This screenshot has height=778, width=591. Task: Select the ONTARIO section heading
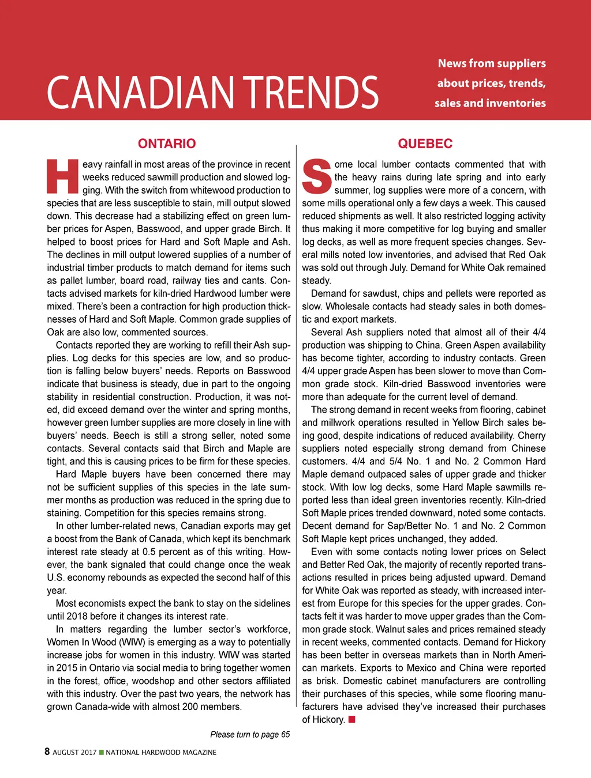coord(167,143)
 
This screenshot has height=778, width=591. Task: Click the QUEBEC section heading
coord(425,143)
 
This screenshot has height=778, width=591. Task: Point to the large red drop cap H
coord(62,176)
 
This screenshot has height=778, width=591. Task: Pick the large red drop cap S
coord(317,176)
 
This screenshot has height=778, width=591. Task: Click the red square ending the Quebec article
coord(352,719)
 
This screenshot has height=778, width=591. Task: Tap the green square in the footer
coord(102,752)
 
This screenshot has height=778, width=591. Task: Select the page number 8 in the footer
coord(47,751)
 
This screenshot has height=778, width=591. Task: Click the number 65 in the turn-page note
coord(285,734)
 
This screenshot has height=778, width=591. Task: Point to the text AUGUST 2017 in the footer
coord(74,752)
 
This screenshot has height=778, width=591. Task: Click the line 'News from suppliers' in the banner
coord(492,63)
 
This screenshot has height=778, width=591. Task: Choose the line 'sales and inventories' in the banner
coord(490,103)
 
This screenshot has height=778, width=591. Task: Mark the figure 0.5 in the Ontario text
coord(149,552)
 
